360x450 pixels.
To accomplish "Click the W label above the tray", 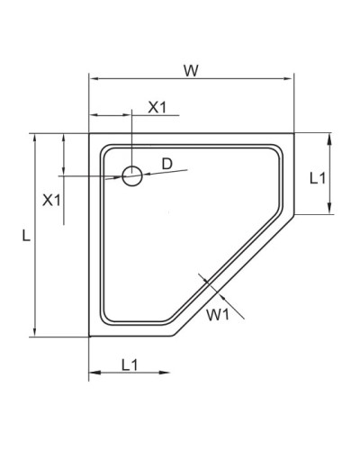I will tap(190, 70).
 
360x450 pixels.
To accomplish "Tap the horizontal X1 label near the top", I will tap(157, 106).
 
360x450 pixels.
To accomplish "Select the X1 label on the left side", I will tap(52, 199).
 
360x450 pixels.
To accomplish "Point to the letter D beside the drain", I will tap(166, 163).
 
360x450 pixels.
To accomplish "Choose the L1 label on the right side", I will tap(317, 178).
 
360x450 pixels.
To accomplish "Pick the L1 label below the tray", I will tap(129, 364).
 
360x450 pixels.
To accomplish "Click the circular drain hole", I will tap(132, 176).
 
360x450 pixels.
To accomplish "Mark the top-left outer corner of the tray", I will tap(89, 133).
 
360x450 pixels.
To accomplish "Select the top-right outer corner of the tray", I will tap(295, 133).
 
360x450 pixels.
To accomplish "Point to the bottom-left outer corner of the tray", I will tap(89, 337).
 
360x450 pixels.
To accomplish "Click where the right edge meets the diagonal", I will tap(295, 214).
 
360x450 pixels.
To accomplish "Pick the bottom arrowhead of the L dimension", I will tap(34, 334).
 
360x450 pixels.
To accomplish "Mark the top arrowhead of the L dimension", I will tap(34, 136).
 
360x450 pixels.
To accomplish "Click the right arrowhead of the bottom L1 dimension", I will tap(168, 373).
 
